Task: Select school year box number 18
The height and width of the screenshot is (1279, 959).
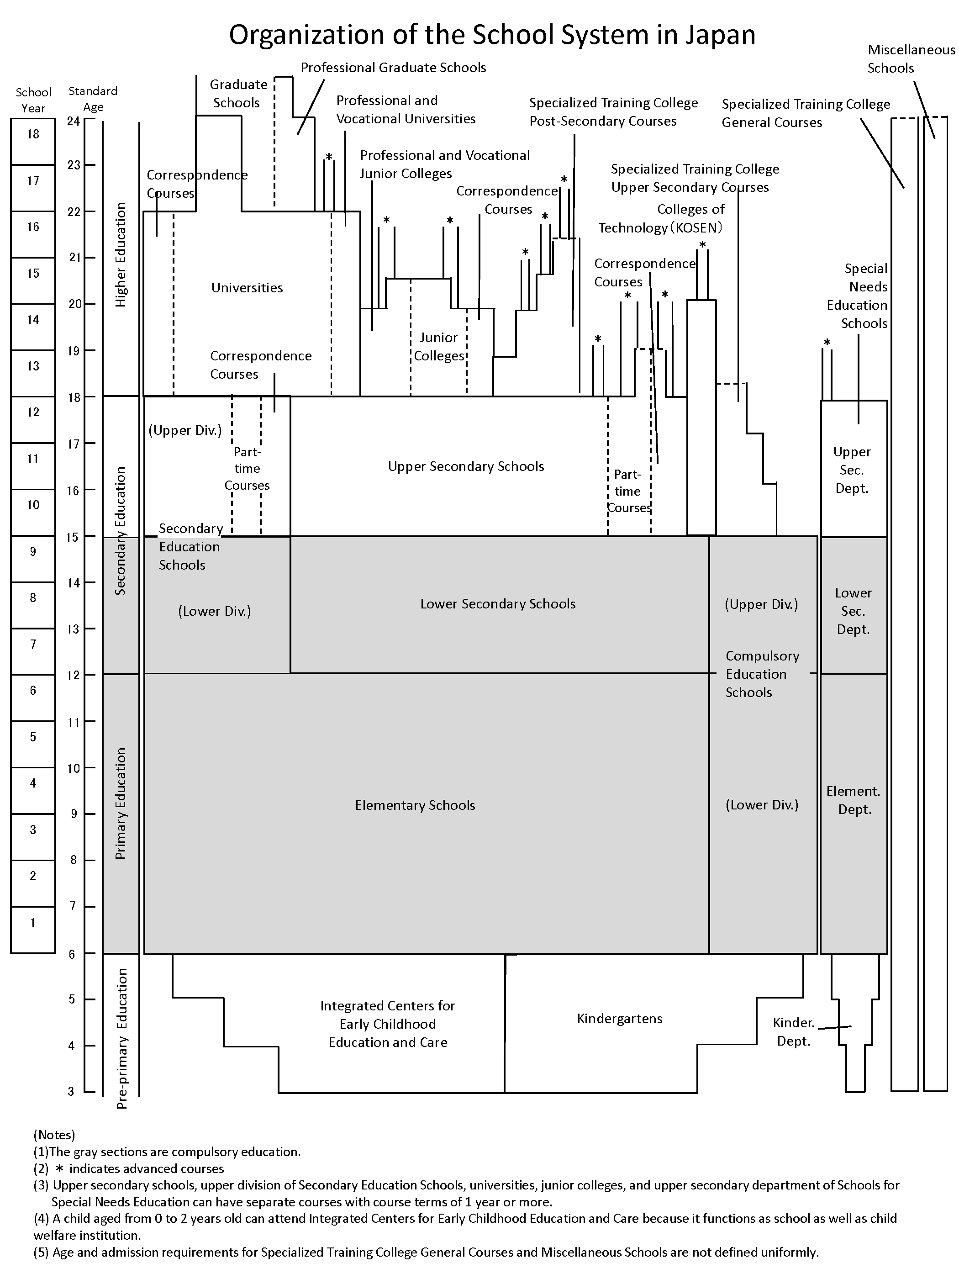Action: (33, 134)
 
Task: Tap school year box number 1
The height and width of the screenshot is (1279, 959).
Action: (33, 922)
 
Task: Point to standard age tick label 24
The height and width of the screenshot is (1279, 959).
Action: (74, 121)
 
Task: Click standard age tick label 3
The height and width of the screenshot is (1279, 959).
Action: (71, 1091)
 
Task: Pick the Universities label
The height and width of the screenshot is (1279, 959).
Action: (247, 288)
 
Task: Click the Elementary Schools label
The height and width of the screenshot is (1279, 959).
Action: (415, 805)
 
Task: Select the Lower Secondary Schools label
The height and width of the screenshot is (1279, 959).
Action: (498, 604)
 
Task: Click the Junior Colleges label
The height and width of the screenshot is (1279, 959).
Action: (439, 346)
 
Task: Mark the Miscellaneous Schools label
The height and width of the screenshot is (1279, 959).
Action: (911, 59)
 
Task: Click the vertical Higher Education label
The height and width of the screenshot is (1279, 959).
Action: (120, 254)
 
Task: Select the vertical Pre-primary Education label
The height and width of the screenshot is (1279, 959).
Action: (121, 1038)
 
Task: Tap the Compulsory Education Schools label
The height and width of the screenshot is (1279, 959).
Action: (762, 674)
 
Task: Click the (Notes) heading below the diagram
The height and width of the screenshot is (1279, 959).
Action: (54, 1135)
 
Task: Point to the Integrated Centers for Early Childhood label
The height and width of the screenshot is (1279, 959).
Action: (387, 1024)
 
